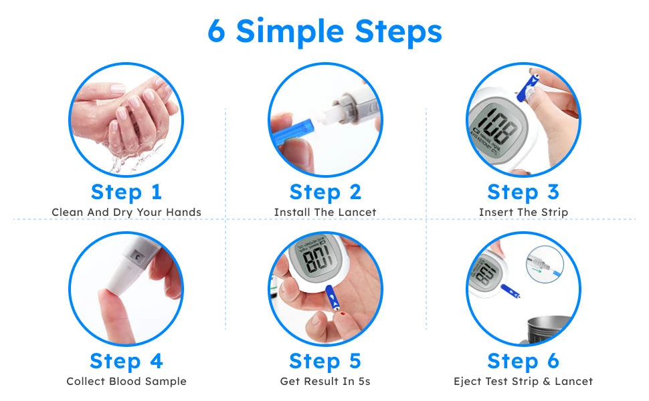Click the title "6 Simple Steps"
pos(324,31)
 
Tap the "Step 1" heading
pos(126,192)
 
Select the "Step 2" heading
pos(325,192)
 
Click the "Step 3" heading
pos(523,192)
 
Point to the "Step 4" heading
pos(126,361)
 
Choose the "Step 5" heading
pos(325,361)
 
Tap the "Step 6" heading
pos(523,361)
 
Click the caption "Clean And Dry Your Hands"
pos(126,213)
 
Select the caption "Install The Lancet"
pos(325,213)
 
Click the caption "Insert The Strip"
pos(523,213)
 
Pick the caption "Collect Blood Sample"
pos(126,382)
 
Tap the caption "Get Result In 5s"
pos(325,382)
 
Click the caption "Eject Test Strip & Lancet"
pos(523,382)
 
